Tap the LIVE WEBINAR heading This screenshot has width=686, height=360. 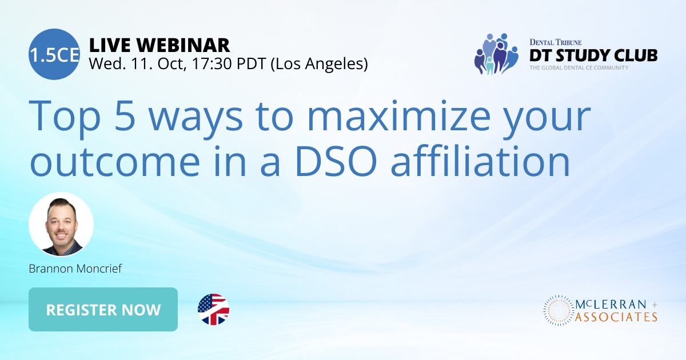[x=159, y=45]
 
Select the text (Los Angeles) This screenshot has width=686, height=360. [x=318, y=64]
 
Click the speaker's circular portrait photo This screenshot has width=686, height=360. [x=61, y=225]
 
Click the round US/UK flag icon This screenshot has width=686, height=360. [x=213, y=310]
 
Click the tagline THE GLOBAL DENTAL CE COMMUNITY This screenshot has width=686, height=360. [x=579, y=68]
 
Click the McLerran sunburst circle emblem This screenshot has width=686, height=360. [x=557, y=310]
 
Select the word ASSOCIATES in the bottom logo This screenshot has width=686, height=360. [x=616, y=317]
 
